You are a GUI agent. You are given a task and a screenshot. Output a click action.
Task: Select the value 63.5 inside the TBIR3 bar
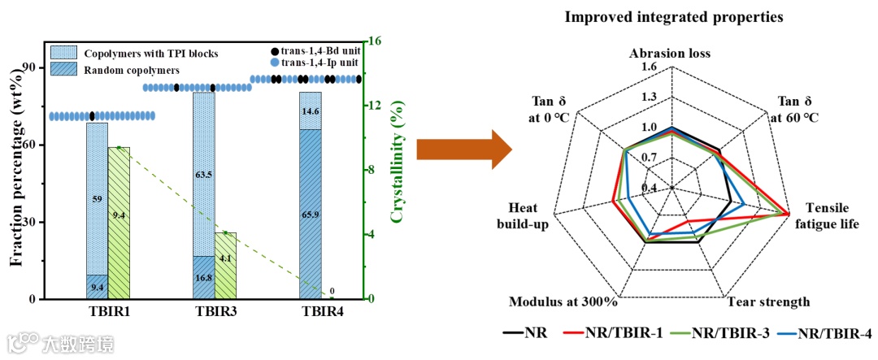click(x=204, y=174)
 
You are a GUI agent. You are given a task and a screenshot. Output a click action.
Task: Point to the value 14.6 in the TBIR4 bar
click(x=310, y=111)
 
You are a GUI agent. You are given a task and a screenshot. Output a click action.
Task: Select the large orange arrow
click(x=463, y=150)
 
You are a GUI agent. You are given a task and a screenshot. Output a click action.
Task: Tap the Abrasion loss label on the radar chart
click(x=670, y=54)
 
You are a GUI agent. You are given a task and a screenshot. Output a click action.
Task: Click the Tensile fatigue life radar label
click(x=826, y=215)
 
